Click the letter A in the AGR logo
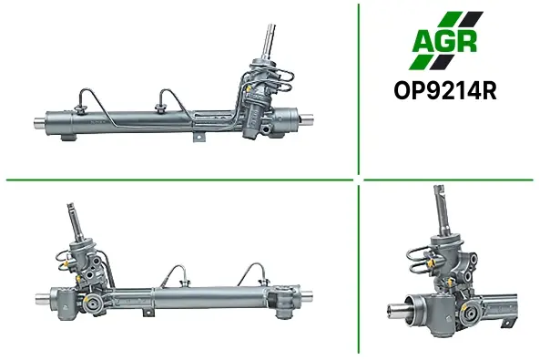[x=424, y=41]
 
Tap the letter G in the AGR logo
[x=447, y=41]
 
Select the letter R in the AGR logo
[x=467, y=41]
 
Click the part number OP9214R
[x=445, y=91]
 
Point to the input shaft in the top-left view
[x=268, y=41]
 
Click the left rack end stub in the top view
[x=39, y=122]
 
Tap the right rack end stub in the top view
[x=306, y=119]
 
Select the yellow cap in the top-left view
[x=248, y=88]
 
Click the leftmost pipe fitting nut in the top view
[x=80, y=109]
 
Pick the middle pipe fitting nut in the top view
[x=160, y=108]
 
